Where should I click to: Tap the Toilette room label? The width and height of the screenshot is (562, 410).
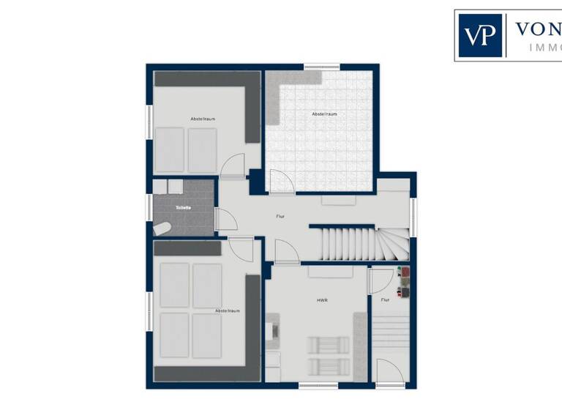coord(183,207)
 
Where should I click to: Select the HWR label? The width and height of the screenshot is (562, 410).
coord(321,299)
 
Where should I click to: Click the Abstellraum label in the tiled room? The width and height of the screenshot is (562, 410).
coord(324,114)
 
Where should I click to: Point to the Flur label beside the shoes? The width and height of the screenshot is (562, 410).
coord(385,299)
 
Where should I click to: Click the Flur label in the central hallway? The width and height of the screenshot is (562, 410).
coord(280,217)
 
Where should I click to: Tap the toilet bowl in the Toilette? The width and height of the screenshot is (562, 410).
coord(162,228)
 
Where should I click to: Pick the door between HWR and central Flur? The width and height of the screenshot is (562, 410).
coord(286,252)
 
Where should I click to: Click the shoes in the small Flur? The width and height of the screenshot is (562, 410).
coord(404,283)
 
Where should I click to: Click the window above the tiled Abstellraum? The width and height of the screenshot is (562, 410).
coord(322,67)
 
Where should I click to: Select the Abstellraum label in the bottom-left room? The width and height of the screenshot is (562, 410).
coord(228,311)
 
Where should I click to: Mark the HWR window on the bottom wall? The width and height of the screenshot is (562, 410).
coord(318,384)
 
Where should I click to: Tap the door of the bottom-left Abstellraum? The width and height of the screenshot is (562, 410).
coord(241,249)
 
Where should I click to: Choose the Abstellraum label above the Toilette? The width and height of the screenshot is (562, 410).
coord(203,119)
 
